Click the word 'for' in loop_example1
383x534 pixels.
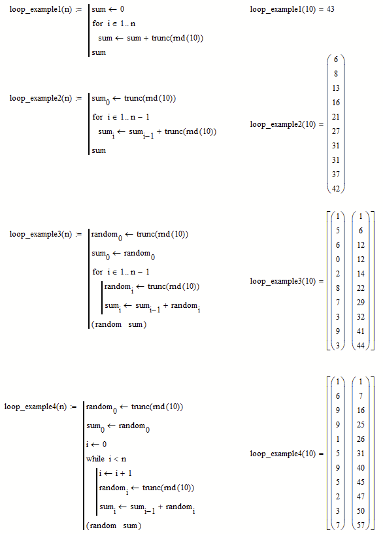click(97, 25)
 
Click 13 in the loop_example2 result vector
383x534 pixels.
click(336, 88)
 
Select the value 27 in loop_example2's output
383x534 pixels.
click(336, 131)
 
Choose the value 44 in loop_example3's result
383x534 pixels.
click(360, 346)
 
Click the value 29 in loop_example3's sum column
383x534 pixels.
click(360, 303)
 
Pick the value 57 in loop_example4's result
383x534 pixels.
click(360, 526)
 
